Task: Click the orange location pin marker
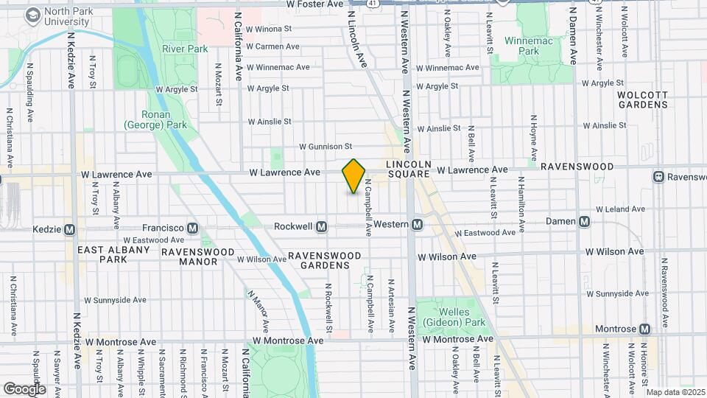[354, 176]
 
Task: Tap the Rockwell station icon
[321, 226]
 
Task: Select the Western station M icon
[418, 224]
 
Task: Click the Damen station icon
[584, 221]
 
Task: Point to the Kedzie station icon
[71, 229]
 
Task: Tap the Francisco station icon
[194, 228]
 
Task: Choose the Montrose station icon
[645, 329]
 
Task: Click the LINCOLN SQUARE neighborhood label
[407, 169]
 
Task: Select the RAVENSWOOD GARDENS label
[325, 260]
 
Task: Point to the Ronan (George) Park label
[155, 120]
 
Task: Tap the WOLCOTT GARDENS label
[642, 99]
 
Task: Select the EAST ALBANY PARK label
[102, 255]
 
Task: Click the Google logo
[24, 388]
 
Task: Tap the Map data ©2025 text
[674, 392]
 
